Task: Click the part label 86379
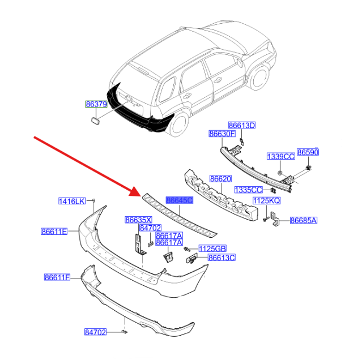point(96,104)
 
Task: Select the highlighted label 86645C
point(180,200)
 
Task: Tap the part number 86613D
point(242,125)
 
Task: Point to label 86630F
point(222,134)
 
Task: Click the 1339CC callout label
point(281,156)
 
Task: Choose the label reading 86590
point(308,152)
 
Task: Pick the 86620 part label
point(220,179)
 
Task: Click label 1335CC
point(248,190)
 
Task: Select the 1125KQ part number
point(266,200)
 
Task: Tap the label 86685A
point(304,221)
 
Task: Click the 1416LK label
point(72,201)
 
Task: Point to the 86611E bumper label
point(54,232)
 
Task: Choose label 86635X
point(139,220)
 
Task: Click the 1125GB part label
point(212,248)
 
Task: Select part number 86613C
point(222,258)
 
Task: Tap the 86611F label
point(57,277)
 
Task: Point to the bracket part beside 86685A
point(275,218)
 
